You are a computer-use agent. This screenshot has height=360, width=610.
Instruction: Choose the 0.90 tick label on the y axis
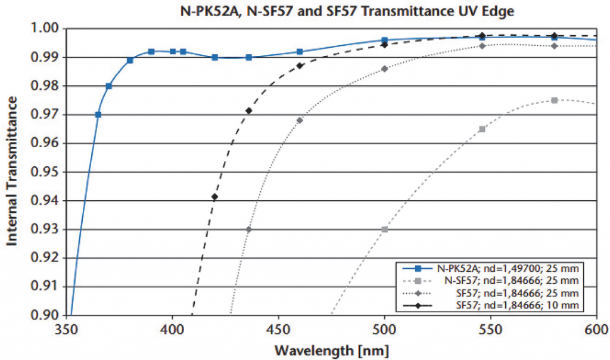46,315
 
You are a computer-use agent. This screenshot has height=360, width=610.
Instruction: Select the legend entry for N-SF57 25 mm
500,280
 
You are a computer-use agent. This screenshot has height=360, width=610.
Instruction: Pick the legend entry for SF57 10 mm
500,305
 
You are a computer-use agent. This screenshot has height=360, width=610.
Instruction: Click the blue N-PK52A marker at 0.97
98,114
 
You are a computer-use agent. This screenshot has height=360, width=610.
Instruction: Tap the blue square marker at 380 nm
130,60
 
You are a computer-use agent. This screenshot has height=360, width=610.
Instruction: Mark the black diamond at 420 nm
214,197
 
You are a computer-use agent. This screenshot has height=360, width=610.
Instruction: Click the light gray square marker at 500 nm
384,229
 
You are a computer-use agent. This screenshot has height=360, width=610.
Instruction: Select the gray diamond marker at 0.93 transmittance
248,229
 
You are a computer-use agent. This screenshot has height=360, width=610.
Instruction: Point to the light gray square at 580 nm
554,100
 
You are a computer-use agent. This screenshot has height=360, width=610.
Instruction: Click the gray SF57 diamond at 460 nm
300,120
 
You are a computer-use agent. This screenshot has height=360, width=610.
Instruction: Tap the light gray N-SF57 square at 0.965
482,129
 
